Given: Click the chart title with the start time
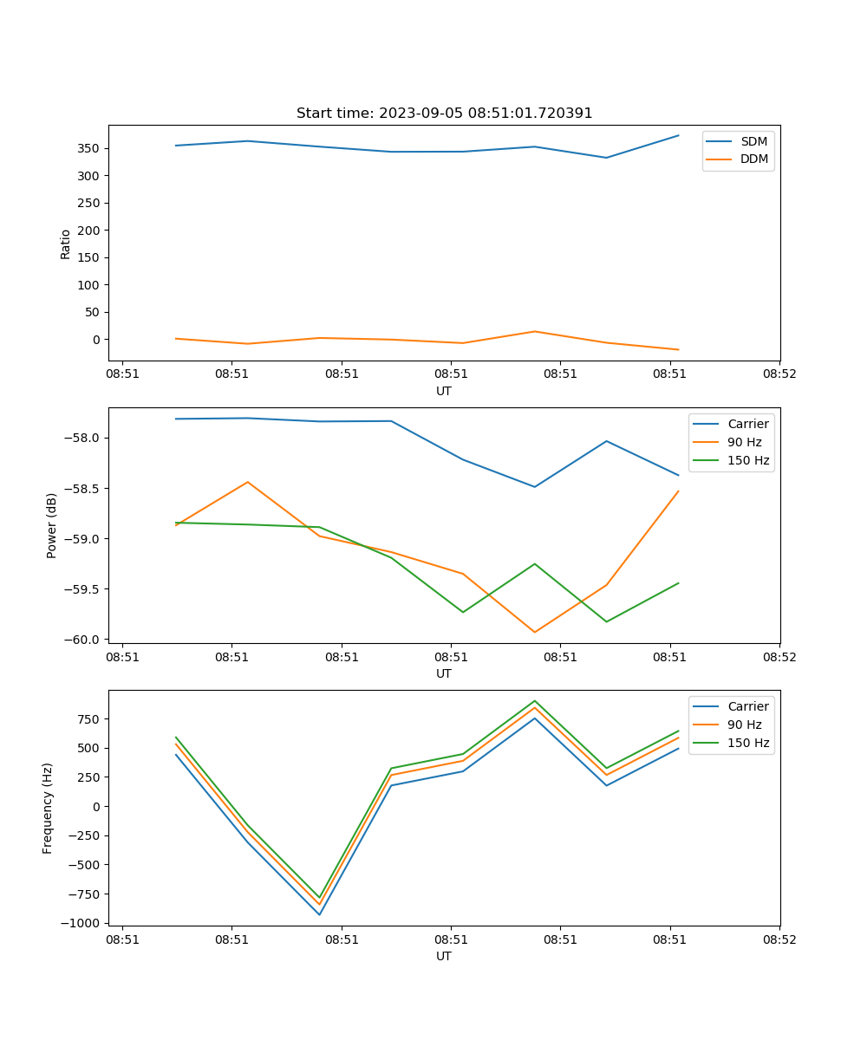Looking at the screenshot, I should (x=444, y=114).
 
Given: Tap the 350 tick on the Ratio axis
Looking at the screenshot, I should (x=88, y=148).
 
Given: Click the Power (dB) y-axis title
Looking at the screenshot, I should (x=52, y=525).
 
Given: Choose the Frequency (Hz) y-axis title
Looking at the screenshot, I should (x=48, y=808).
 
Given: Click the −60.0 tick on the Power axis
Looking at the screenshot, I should (x=84, y=640).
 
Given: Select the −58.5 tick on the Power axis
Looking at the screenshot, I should (x=84, y=488).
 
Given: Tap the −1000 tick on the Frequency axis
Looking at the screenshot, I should (x=81, y=923).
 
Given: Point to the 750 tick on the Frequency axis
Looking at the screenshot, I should (x=90, y=719).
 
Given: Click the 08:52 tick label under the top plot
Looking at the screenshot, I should (x=779, y=374).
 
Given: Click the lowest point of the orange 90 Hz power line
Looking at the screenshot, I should (x=534, y=632).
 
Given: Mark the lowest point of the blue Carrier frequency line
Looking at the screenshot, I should (x=319, y=914).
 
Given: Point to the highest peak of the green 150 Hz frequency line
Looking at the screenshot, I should (x=534, y=700).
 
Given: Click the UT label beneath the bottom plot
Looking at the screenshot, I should (x=444, y=956).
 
